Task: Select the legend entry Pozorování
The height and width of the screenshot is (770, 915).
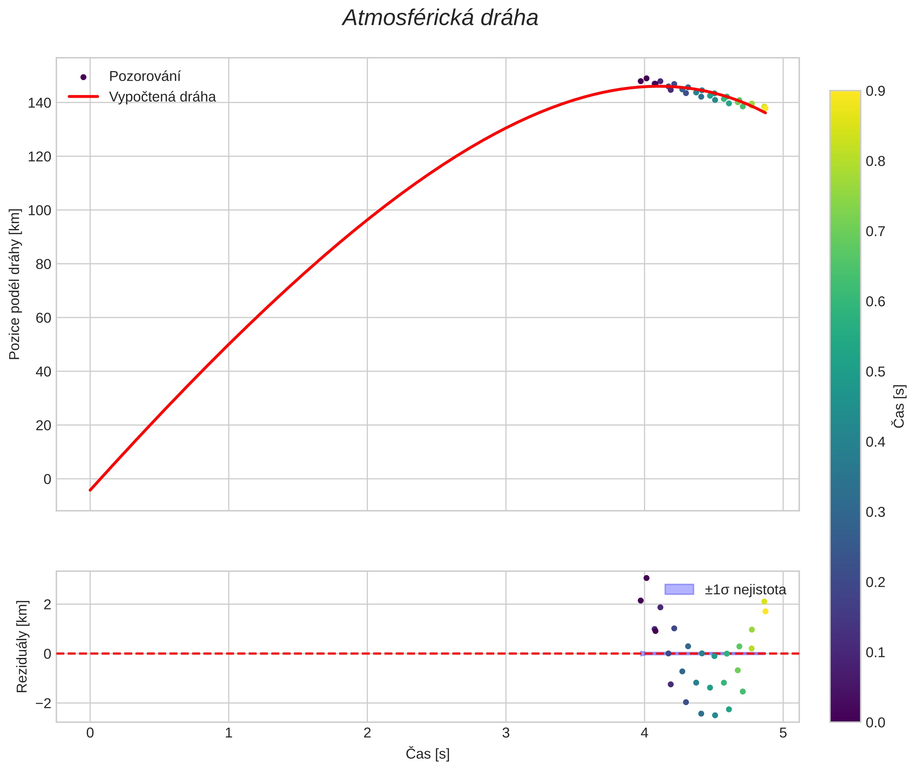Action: click(144, 77)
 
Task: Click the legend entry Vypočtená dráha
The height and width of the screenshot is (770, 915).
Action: click(162, 97)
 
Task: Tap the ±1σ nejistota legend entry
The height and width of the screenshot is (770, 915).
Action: click(745, 590)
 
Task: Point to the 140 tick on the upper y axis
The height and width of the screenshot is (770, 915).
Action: click(39, 103)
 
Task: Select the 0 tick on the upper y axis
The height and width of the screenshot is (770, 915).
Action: click(47, 479)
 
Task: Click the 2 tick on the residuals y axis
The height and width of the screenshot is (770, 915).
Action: click(47, 605)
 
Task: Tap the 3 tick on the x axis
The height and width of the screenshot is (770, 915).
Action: click(505, 733)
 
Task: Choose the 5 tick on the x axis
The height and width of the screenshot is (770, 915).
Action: click(783, 733)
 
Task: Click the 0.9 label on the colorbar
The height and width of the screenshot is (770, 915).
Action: click(875, 91)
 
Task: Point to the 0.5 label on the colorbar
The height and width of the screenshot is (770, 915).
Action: click(875, 372)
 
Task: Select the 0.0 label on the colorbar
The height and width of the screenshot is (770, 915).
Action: click(875, 722)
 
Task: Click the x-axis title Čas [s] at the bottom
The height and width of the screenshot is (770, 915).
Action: click(427, 754)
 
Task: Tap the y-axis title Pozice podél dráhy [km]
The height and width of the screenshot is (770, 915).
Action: click(15, 284)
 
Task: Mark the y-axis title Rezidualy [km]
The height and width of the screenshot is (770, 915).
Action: click(22, 647)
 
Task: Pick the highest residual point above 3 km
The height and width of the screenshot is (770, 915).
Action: click(646, 578)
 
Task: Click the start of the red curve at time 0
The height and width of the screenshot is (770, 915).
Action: click(90, 490)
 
